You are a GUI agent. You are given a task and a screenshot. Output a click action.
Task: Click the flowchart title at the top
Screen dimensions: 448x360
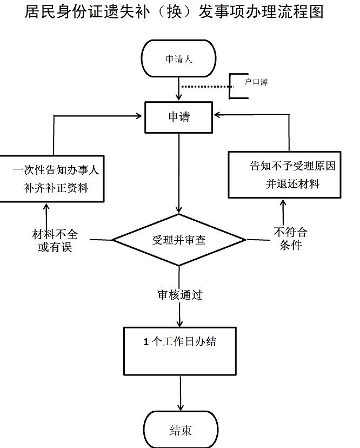pos(174,12)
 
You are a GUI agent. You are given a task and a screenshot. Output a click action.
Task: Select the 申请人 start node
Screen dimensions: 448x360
pos(178,59)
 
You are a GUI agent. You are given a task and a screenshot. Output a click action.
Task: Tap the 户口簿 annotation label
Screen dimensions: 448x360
pos(256,82)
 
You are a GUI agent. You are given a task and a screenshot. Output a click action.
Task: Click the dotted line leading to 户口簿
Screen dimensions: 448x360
pos(205,86)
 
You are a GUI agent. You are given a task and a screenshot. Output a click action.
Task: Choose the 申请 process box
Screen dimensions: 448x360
pos(179,116)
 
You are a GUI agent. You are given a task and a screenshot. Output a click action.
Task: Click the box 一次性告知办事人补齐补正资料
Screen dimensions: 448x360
pos(52,179)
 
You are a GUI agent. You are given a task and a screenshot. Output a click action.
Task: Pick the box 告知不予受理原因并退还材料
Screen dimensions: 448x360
pos(284,174)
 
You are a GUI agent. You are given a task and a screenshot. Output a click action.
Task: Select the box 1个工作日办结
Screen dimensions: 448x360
pos(180,351)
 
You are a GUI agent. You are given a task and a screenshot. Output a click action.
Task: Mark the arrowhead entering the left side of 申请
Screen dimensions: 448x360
pos(140,115)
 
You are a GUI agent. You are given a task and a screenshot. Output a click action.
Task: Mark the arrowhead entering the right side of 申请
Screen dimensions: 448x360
pos(218,115)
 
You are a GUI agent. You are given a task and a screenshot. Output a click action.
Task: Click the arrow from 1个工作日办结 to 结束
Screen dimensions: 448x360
pos(180,393)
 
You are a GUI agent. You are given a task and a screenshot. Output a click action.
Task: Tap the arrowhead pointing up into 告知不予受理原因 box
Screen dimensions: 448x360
pos(283,202)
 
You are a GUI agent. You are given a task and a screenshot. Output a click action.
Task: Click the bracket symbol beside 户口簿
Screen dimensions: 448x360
pos(234,85)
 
